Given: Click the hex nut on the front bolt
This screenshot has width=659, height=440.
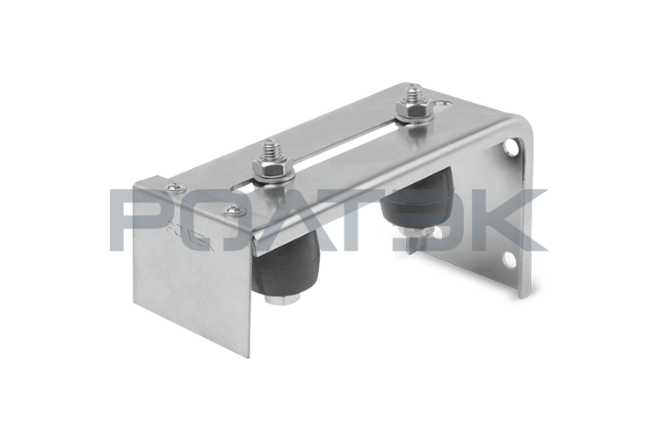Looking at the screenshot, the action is [269, 166].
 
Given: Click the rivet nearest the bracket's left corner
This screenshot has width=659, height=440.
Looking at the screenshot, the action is [173, 187].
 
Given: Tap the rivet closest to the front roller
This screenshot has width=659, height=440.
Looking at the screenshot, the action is [232, 209].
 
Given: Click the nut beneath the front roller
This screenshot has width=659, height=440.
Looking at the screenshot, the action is [282, 300].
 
